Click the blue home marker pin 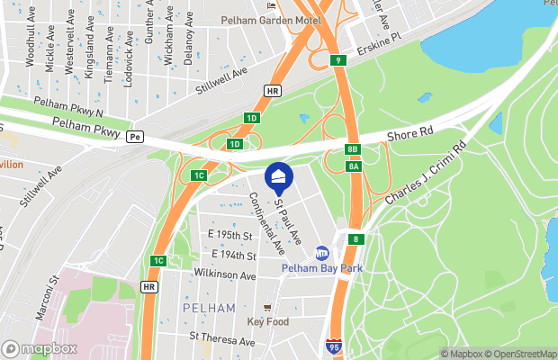(279, 177)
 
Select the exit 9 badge (337, 60)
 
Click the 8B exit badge (353, 149)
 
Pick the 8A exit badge (355, 166)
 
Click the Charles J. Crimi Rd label (425, 171)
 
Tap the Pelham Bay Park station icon (322, 253)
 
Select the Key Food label (267, 321)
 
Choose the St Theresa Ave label (224, 337)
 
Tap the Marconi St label (53, 293)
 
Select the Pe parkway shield (135, 137)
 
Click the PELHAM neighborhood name (209, 308)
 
